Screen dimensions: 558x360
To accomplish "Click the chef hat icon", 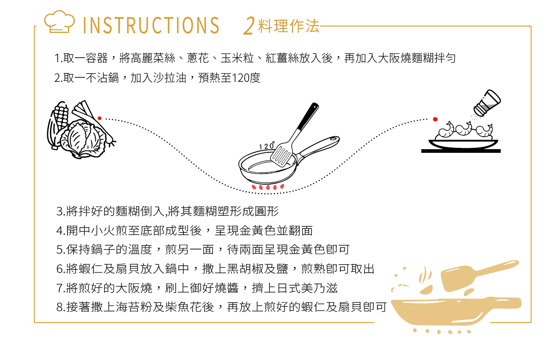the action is (59, 22).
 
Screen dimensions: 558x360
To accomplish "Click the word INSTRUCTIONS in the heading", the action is (151, 25).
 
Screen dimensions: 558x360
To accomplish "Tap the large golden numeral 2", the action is (249, 26).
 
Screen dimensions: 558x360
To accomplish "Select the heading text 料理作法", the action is (289, 26).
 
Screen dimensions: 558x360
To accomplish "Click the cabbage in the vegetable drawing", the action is (84, 139).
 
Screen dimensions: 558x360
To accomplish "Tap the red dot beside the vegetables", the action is (100, 118).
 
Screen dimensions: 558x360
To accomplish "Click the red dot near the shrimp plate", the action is (435, 119).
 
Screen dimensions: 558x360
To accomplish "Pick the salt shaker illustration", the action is (487, 102).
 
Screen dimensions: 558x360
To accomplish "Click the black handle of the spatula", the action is (308, 116).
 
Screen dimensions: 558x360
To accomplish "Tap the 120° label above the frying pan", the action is (267, 146).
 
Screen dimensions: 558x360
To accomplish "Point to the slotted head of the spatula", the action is (282, 154).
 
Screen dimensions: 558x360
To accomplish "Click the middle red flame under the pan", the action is (268, 187).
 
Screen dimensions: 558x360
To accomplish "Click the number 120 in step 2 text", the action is (241, 78).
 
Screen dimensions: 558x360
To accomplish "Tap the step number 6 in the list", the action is (59, 269).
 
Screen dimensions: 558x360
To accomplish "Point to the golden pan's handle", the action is (503, 303).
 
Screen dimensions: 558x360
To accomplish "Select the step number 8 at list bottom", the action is (59, 307).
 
